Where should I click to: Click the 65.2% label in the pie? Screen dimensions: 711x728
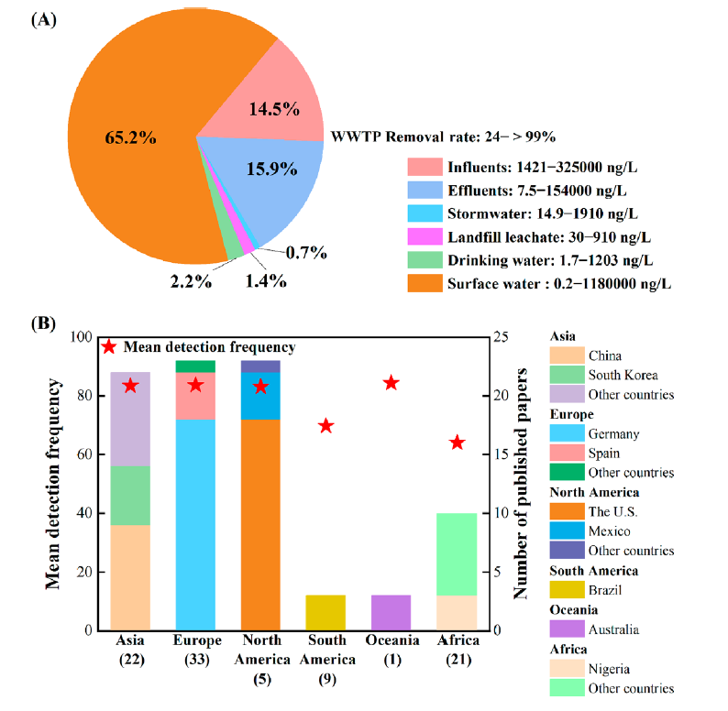click(x=128, y=138)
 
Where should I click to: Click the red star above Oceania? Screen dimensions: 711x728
click(x=391, y=383)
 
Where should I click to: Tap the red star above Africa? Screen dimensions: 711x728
click(x=458, y=443)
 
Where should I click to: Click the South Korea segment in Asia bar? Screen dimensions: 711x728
click(x=129, y=496)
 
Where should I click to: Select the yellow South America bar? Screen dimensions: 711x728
click(x=325, y=612)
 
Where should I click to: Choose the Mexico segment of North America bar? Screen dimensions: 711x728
click(x=260, y=395)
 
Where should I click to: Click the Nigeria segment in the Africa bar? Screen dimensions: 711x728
click(x=457, y=612)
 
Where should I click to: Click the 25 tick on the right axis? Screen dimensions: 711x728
click(x=499, y=337)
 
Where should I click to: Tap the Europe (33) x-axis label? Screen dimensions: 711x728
click(x=195, y=649)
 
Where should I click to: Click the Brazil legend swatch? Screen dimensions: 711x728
click(x=566, y=590)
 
